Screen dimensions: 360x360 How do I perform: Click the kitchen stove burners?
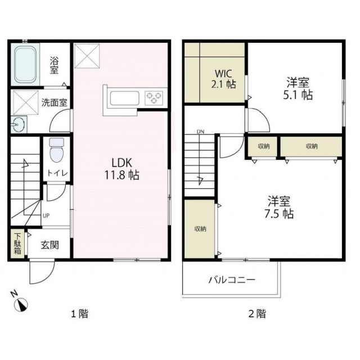(154, 98)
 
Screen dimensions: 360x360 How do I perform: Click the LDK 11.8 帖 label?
(121, 168)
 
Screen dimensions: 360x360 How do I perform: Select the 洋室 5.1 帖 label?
(296, 88)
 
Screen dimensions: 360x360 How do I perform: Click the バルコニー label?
(231, 280)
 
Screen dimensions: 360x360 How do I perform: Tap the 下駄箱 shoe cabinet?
(17, 243)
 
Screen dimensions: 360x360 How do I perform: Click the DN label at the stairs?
(200, 133)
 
